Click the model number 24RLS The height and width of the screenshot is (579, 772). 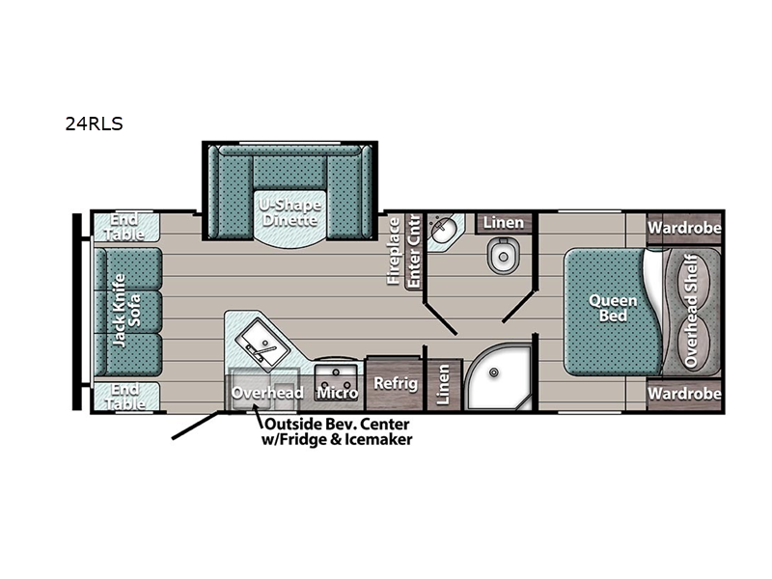[94, 124]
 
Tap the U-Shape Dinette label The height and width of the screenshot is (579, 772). [291, 212]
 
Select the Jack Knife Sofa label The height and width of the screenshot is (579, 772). [126, 310]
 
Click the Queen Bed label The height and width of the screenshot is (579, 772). [613, 308]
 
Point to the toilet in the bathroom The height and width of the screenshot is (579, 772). [503, 255]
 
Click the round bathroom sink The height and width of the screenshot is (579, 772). [442, 229]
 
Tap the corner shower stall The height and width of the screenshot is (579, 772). [498, 376]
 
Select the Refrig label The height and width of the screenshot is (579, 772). [396, 383]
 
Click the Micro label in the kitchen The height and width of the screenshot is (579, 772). [337, 393]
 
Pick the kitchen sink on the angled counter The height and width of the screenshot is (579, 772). [262, 345]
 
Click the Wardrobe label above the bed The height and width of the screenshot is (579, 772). [684, 228]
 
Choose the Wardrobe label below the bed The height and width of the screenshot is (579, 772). [684, 394]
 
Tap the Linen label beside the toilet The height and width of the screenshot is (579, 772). [503, 223]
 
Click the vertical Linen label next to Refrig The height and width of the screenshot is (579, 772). [443, 385]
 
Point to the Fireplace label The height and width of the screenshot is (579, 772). [394, 251]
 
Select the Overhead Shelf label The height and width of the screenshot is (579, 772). [691, 311]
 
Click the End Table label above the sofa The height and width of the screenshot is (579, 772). [125, 227]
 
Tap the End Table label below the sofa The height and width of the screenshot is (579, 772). [125, 397]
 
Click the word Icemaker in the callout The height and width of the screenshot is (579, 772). [377, 439]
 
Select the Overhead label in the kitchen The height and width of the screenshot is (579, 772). [267, 393]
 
